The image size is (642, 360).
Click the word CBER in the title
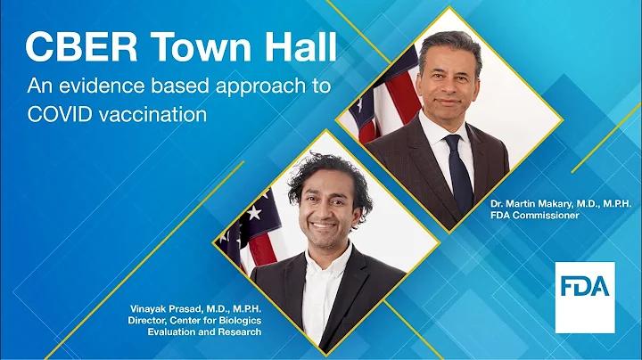coord(81,47)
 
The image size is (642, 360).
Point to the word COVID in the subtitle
coord(60,115)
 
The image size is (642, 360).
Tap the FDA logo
coord(585,298)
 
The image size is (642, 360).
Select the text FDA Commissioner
coord(535,215)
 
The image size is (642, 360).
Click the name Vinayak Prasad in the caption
coord(166,308)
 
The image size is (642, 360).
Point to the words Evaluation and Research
coord(204,331)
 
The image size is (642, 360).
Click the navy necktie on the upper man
coord(459,173)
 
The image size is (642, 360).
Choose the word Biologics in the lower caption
coord(241,320)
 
